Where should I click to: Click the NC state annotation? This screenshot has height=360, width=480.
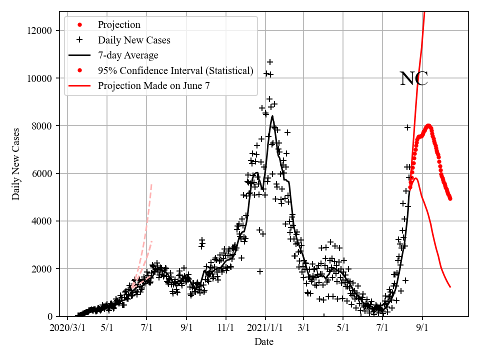[x=414, y=79]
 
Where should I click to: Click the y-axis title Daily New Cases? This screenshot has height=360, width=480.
[x=16, y=164]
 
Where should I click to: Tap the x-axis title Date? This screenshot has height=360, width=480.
[x=263, y=342]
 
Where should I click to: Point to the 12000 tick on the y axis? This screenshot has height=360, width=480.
[x=39, y=30]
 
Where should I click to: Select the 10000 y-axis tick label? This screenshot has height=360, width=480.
[x=39, y=78]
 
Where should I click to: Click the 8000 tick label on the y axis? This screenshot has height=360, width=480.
[x=41, y=126]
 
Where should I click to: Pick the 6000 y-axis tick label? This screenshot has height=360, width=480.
[x=41, y=173]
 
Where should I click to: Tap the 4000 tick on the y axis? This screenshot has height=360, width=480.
[x=41, y=221]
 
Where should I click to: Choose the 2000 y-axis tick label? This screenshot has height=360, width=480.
[x=41, y=269]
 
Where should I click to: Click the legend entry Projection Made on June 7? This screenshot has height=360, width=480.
[x=153, y=85]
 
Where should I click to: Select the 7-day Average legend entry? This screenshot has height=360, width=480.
[x=128, y=55]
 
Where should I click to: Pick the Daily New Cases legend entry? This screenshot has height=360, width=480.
[x=134, y=40]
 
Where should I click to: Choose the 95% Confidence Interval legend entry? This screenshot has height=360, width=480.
[x=175, y=70]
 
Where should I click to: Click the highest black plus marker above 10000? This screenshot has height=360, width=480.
[x=270, y=62]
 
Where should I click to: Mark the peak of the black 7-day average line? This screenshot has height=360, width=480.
[x=272, y=116]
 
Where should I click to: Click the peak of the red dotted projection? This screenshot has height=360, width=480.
[x=428, y=125]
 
